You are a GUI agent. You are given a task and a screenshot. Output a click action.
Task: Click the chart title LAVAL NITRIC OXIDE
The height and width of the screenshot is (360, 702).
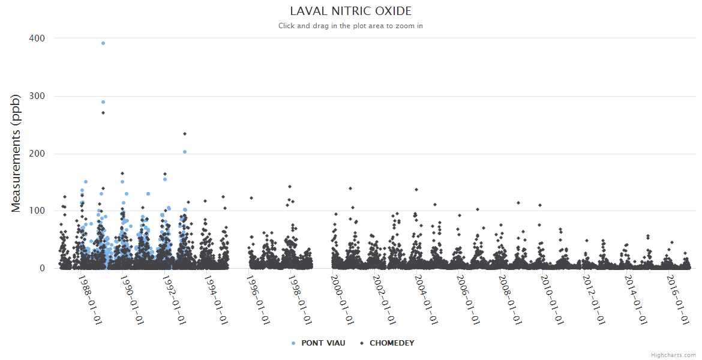[x=350, y=11]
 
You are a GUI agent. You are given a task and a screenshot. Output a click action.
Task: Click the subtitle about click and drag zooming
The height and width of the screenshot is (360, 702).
[x=350, y=26]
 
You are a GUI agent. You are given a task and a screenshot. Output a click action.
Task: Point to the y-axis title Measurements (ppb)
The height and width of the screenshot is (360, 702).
[x=16, y=153]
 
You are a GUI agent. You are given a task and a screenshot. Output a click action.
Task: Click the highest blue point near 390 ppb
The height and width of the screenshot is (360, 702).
[x=103, y=43]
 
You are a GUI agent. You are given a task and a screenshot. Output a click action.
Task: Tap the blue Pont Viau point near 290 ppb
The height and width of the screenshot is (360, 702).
[x=103, y=102]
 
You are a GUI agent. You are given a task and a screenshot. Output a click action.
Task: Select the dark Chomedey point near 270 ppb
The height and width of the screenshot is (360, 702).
[x=103, y=113]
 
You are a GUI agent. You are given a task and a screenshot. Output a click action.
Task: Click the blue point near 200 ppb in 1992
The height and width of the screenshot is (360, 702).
[x=185, y=152]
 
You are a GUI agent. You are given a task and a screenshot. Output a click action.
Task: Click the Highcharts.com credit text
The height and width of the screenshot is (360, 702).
[x=673, y=355]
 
